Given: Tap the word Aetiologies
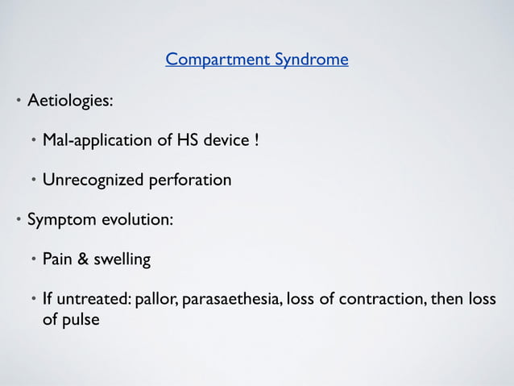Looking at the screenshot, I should pos(70,102).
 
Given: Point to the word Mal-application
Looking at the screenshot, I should pos(96,141).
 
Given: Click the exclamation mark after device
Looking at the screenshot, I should pos(256,141).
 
